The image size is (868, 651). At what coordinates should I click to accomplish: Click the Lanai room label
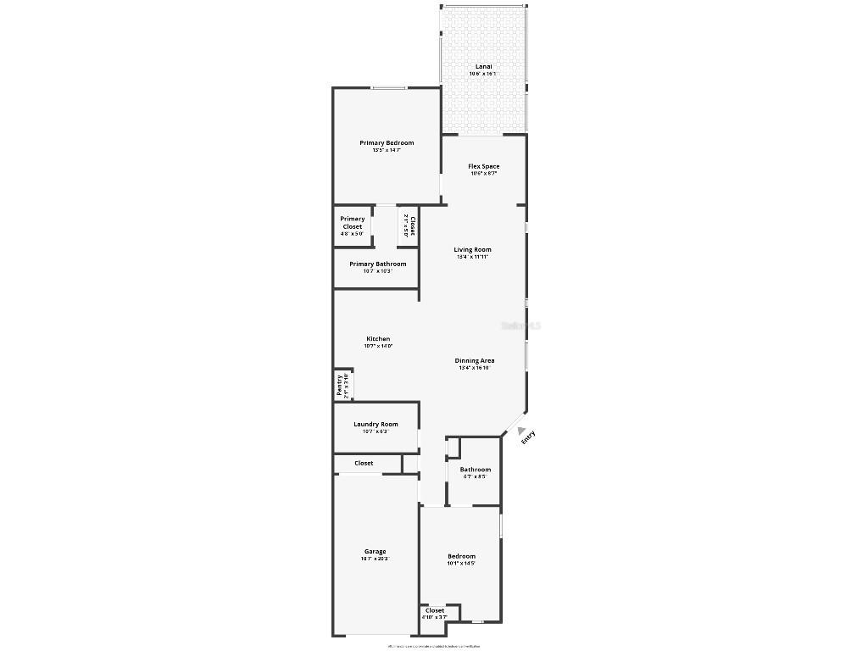pos(483,66)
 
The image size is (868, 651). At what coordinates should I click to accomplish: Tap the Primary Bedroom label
pos(387,143)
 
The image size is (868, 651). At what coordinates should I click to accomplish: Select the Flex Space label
pos(483,166)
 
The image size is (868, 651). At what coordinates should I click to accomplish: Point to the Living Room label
pos(472,249)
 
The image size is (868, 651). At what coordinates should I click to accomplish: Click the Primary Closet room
pos(353,226)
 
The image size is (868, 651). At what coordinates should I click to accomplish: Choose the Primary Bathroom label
pos(377,264)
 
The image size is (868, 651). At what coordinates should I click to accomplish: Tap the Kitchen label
pos(378,339)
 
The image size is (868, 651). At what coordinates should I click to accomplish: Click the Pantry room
pos(342,385)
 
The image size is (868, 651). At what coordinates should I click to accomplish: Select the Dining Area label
pos(475,360)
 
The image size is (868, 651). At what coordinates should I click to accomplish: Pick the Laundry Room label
pos(376,424)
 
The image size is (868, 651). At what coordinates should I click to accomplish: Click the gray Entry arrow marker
pos(521,431)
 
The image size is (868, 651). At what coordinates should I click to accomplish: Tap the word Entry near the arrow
pos(529,437)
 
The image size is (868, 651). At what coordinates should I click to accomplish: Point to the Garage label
pos(375,551)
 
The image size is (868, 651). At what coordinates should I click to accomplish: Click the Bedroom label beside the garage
pos(461,556)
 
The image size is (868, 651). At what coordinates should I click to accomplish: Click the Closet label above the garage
pos(364,463)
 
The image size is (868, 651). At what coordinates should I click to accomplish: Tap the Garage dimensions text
pos(375,559)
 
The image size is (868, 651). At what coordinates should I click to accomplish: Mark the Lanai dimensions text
pos(483,74)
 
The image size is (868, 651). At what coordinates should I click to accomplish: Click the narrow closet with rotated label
pos(408,226)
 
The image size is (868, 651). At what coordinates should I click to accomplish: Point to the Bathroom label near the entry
pos(475,470)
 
